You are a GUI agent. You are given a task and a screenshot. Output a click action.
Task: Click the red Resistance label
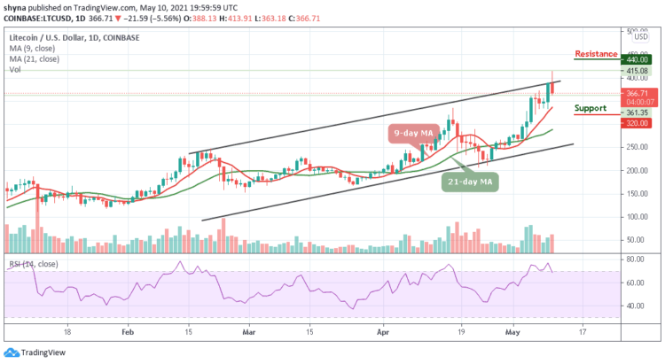[596, 54]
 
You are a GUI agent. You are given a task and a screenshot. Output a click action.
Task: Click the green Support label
[590, 108]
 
